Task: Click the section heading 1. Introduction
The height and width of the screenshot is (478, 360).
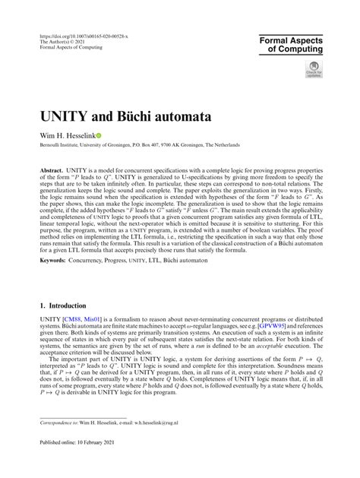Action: pyautogui.click(x=65, y=305)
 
